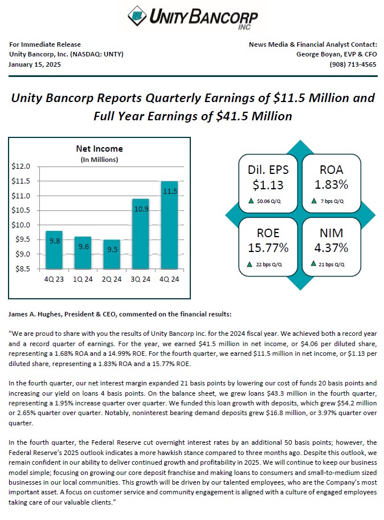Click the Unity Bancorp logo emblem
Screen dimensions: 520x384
137,15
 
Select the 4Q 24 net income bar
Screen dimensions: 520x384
169,225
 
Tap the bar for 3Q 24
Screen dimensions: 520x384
140,234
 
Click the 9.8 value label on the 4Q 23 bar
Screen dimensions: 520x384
55,241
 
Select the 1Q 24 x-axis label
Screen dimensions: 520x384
83,278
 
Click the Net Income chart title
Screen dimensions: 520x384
99,149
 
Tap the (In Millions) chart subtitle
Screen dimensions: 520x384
99,159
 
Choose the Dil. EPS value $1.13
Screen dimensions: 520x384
268,184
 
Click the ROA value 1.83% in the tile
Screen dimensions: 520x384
331,184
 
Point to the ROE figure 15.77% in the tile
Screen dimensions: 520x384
268,247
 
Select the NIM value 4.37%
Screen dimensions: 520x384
331,247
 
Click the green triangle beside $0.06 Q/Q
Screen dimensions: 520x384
251,201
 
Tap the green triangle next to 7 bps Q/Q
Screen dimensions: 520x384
313,201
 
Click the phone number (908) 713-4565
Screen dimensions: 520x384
353,64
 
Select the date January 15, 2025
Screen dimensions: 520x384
35,64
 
